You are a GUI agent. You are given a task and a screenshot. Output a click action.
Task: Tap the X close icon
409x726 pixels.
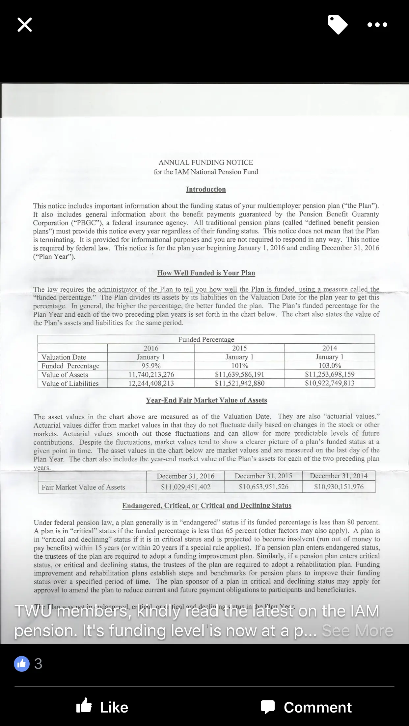[x=25, y=25]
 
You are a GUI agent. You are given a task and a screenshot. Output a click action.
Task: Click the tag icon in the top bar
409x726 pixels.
[x=338, y=24]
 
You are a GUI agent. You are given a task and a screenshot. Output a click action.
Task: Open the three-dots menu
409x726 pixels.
[x=377, y=25]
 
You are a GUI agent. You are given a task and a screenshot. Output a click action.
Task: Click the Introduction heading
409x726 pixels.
[x=206, y=189]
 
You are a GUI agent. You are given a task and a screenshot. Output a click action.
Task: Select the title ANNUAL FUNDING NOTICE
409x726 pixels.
[x=206, y=162]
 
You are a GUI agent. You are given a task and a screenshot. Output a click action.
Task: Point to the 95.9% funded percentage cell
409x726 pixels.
[x=151, y=366]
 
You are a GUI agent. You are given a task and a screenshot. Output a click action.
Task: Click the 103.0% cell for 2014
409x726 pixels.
[x=330, y=365]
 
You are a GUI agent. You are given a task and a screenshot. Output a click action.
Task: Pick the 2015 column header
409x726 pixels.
[x=239, y=348]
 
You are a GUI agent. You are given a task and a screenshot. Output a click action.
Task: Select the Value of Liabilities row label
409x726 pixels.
[x=70, y=383]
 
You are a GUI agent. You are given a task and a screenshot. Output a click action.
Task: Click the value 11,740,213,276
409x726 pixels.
[x=151, y=375]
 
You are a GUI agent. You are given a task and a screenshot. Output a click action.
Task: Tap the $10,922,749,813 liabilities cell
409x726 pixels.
[x=330, y=383]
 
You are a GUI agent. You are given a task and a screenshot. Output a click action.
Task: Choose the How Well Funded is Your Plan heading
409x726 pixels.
[x=206, y=273]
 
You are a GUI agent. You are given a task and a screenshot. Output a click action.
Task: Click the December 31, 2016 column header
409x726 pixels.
[x=185, y=476]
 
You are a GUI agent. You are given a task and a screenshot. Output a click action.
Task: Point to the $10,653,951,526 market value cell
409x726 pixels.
[x=263, y=487]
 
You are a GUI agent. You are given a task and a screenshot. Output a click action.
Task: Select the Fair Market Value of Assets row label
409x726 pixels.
[x=83, y=487]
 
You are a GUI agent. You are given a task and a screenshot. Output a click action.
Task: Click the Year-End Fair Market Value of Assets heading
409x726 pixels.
[x=206, y=400]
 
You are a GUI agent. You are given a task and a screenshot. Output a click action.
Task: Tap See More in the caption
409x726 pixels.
[x=357, y=631]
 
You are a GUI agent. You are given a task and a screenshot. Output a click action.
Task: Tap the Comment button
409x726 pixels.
[x=306, y=707]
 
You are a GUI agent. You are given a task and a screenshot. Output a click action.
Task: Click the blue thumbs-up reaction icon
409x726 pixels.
[x=22, y=664]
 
